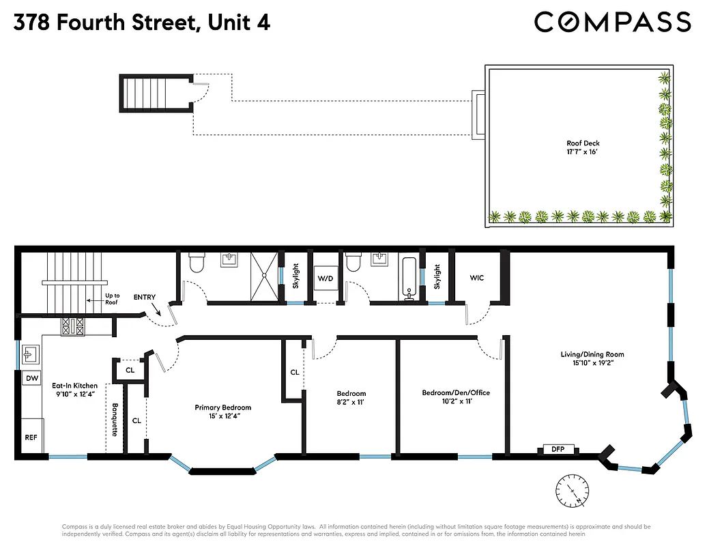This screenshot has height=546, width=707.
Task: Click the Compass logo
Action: [x=612, y=22]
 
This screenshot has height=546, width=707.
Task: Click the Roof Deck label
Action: [x=582, y=143]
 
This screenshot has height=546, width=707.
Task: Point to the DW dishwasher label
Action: [x=31, y=378]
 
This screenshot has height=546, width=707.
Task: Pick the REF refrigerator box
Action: [x=31, y=437]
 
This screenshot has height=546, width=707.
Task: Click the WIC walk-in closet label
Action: [x=477, y=278]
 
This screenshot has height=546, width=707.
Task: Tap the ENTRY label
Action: [x=145, y=297]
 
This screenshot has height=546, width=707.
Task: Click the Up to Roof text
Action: [x=111, y=299]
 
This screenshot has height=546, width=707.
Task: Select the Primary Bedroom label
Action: [x=222, y=407]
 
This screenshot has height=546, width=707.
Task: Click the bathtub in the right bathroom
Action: [x=410, y=278]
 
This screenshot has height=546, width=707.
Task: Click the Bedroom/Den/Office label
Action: [x=455, y=392]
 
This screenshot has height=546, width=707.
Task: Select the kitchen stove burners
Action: [x=72, y=327]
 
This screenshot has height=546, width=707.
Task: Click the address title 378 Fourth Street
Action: [x=142, y=23]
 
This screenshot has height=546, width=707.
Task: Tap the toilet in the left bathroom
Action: [x=195, y=261]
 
